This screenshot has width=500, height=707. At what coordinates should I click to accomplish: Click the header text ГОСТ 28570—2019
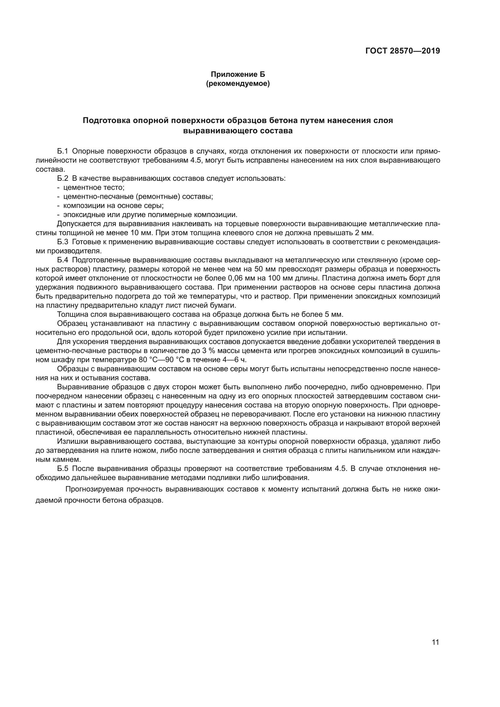403,51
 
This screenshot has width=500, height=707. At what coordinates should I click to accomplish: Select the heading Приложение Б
238,74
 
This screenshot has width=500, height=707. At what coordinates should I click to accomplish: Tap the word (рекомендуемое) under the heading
238,83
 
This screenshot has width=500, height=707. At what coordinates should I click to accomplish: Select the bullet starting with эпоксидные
150,215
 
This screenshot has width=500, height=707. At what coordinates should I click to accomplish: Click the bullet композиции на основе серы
113,205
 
